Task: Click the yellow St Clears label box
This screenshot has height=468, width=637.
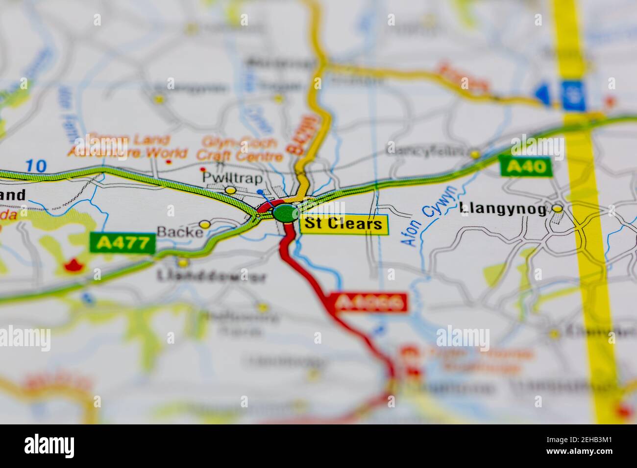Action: tap(343, 224)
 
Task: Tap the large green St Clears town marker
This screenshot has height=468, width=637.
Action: tap(286, 213)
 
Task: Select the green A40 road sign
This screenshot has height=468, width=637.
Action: tap(526, 167)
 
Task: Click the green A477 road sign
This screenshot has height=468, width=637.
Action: tap(122, 243)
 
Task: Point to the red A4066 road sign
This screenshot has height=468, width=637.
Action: tap(369, 303)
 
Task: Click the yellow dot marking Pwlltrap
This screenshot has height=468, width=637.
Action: tap(230, 190)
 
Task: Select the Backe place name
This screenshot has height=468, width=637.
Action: tap(179, 232)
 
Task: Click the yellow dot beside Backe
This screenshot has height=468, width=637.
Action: tap(205, 224)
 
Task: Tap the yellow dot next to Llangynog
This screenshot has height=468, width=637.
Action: tap(557, 209)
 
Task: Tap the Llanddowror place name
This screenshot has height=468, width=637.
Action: tap(211, 277)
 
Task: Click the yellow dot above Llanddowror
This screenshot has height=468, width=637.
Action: tap(183, 263)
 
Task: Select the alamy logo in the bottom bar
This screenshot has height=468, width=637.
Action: tap(49, 446)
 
